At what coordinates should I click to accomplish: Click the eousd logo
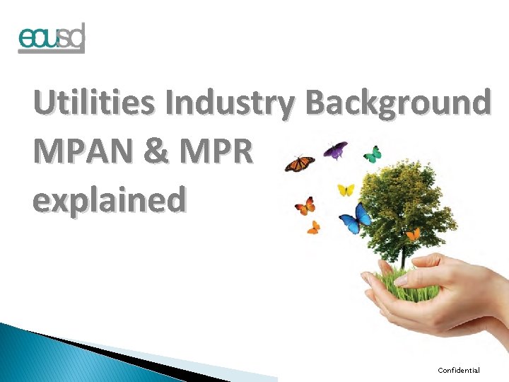tap(51, 38)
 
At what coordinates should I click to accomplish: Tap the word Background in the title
tap(398, 103)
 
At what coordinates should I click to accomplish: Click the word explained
tap(110, 199)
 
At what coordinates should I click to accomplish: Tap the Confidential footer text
tap(458, 370)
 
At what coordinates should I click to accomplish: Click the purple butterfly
tap(335, 150)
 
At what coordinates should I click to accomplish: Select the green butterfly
tap(372, 154)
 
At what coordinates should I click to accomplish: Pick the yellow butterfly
tap(346, 190)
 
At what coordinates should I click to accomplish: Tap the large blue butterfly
tap(355, 219)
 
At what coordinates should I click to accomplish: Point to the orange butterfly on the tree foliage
tap(413, 233)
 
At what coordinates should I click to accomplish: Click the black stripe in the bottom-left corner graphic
tap(106, 352)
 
